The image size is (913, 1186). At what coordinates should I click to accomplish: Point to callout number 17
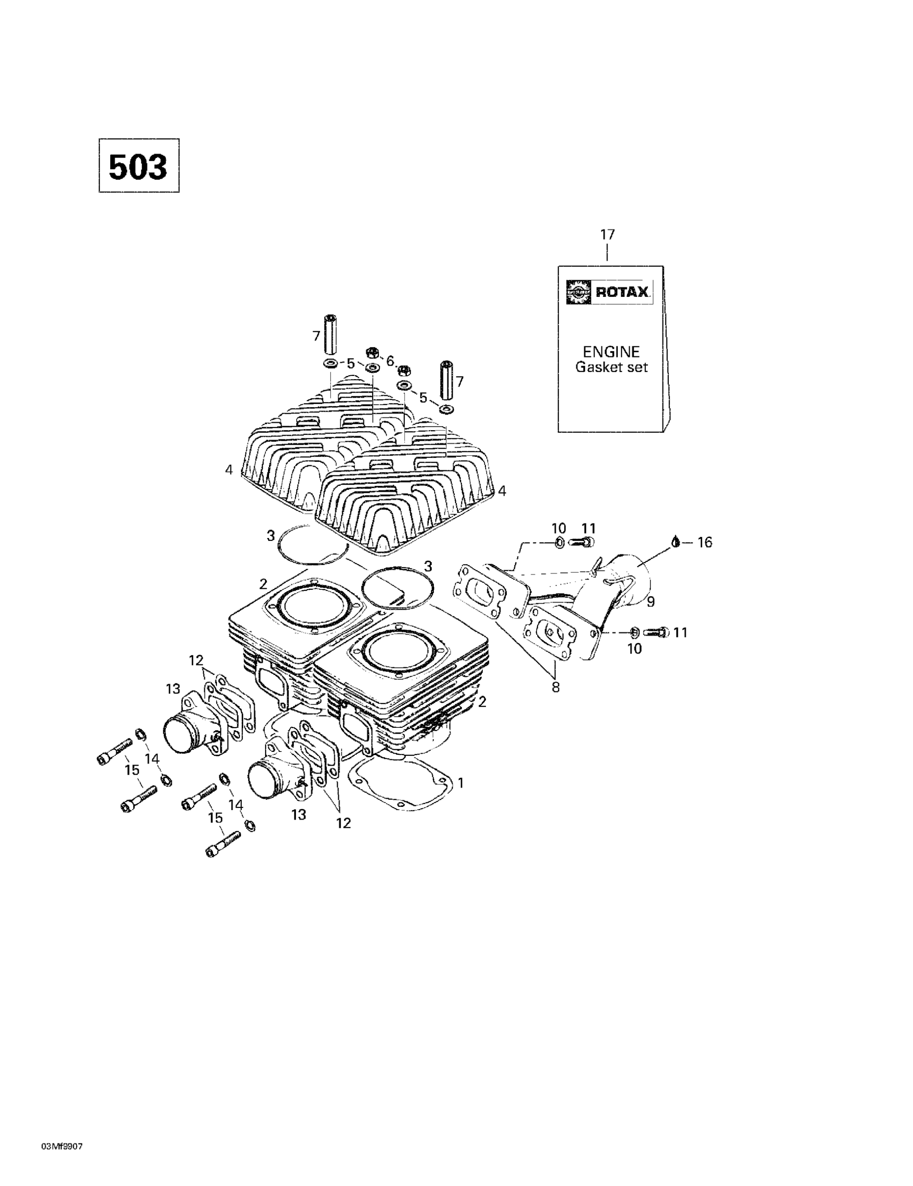click(607, 234)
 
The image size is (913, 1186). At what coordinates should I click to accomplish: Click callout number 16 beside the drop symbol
click(704, 542)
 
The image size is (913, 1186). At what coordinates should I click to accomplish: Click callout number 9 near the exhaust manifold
click(650, 601)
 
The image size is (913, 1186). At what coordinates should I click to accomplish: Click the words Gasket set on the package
click(611, 367)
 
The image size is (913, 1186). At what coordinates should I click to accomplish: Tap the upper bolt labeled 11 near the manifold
click(582, 542)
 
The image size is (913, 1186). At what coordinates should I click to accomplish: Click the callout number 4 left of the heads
click(229, 470)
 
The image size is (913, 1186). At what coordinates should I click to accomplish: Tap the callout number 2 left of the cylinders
click(263, 584)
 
